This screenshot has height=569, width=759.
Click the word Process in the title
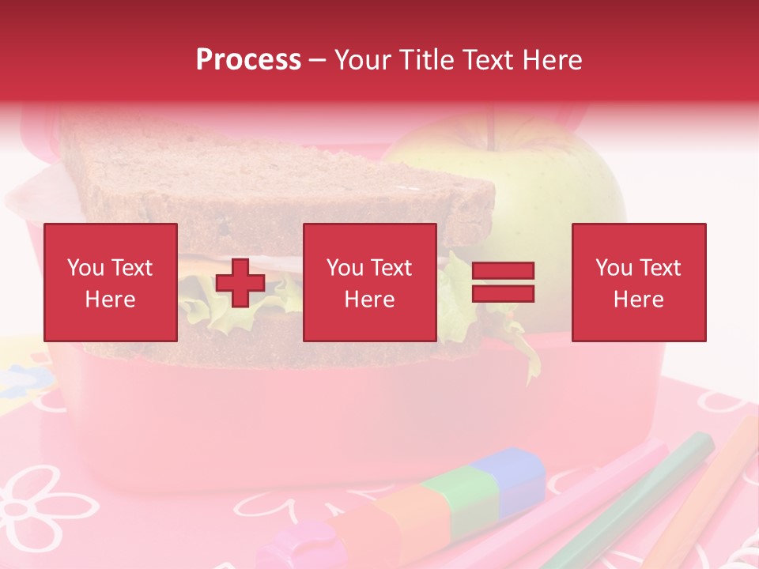(x=248, y=60)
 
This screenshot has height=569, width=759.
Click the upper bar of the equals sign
(x=503, y=271)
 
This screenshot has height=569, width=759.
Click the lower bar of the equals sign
(x=503, y=293)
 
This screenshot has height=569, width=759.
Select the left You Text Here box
(x=111, y=282)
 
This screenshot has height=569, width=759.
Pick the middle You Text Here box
(x=369, y=282)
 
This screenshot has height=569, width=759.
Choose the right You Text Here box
(x=639, y=282)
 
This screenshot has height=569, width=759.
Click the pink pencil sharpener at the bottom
(x=304, y=545)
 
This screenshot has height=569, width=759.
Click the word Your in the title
(x=364, y=60)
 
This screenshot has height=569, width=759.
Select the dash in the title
(x=317, y=60)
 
